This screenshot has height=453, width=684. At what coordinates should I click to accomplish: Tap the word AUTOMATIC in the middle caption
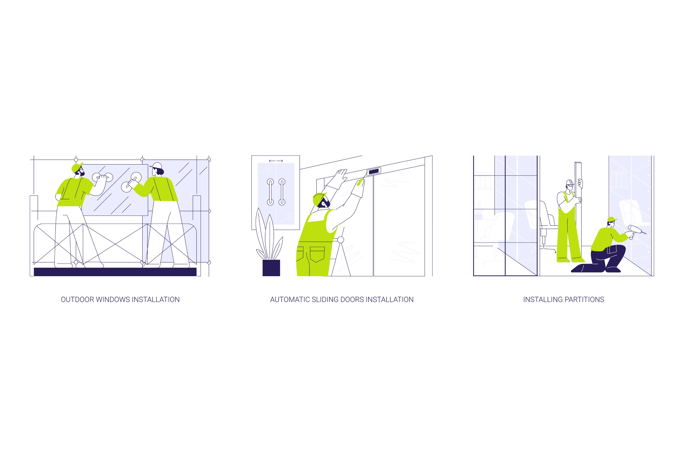tap(290, 300)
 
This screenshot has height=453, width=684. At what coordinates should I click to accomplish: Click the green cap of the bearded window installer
tap(77, 167)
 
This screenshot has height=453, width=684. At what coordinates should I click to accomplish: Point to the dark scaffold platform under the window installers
tap(115, 272)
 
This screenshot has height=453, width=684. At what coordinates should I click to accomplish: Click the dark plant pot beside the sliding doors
tap(271, 268)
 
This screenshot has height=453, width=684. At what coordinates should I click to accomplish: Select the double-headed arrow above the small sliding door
tap(276, 161)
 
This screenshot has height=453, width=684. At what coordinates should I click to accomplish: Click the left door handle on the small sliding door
tap(270, 192)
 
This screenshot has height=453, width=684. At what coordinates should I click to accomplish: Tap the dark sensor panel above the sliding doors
tap(374, 171)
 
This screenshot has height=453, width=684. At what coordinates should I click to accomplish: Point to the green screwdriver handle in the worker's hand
tap(360, 183)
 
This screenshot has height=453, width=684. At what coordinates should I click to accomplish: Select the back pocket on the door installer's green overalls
tap(317, 254)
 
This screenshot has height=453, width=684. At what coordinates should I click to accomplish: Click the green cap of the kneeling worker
tap(612, 219)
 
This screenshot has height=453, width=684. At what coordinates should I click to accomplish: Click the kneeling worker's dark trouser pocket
tap(613, 249)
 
